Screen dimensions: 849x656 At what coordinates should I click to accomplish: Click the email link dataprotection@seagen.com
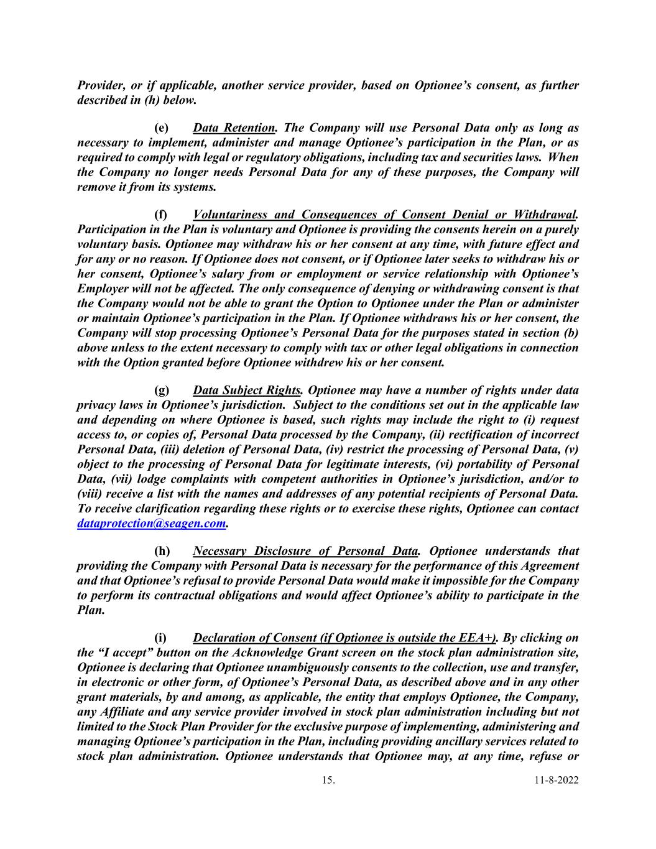(x=150, y=524)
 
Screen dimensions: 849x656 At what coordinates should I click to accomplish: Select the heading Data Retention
(x=234, y=128)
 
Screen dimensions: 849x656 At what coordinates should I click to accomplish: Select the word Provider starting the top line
(x=99, y=85)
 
